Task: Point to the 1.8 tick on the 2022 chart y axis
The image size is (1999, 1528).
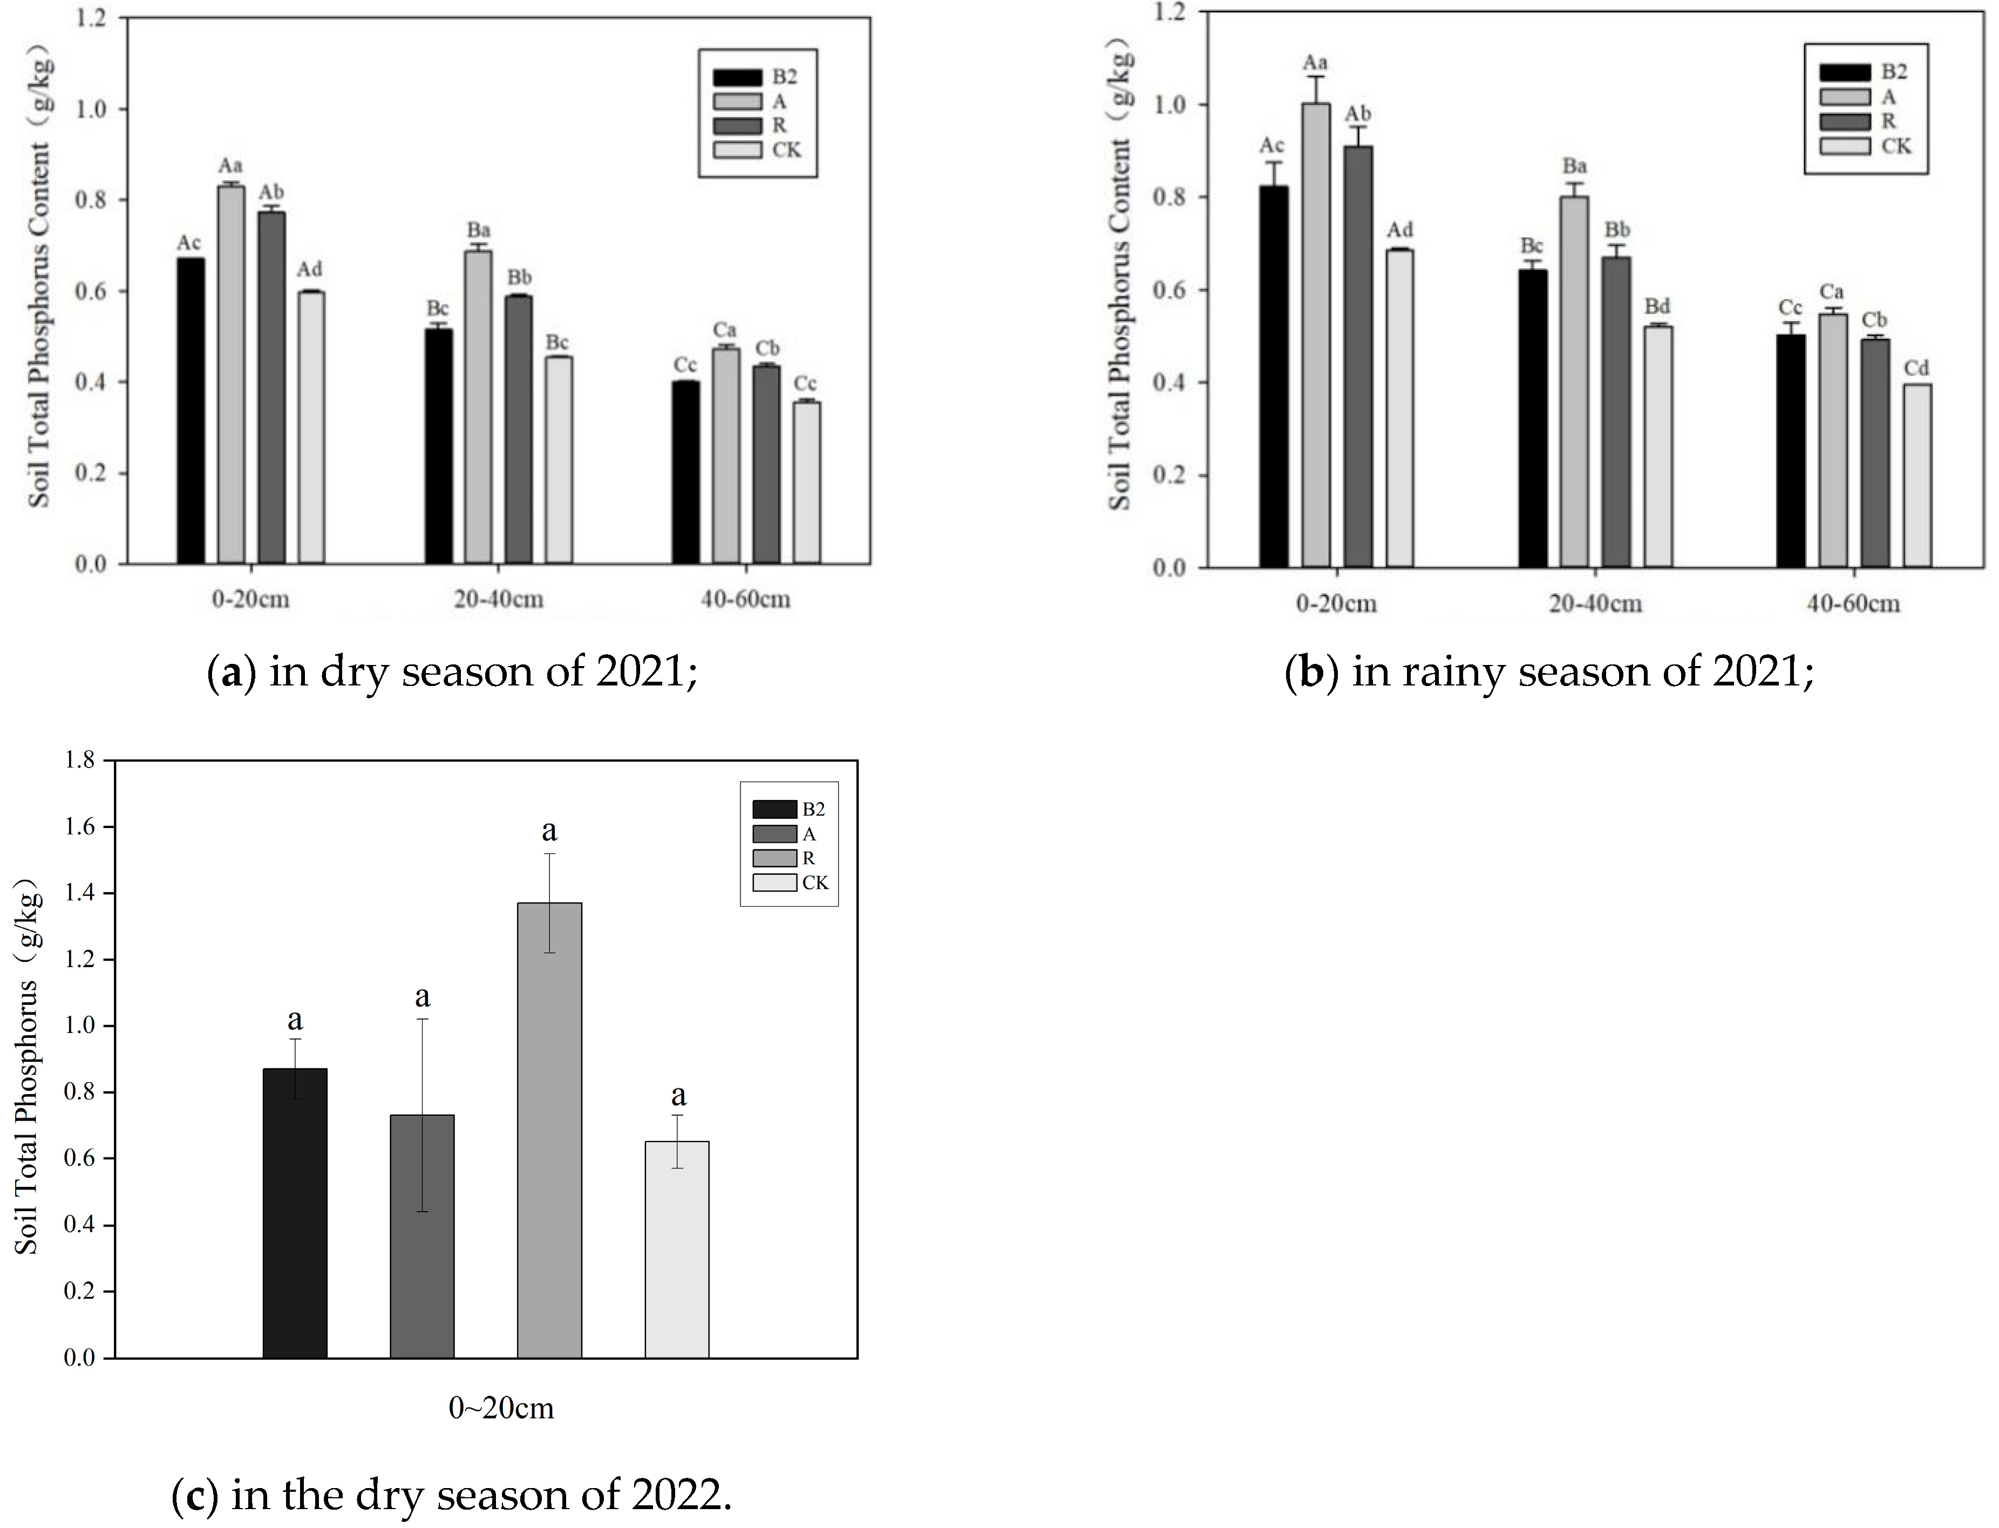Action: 80,760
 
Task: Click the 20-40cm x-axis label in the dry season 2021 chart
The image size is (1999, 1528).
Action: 498,599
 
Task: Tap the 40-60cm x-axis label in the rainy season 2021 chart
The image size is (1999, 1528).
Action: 1853,603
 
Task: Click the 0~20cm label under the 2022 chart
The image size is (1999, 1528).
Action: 501,1409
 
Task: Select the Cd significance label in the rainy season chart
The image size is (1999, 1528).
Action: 1916,368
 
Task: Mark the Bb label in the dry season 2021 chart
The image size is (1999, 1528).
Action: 519,277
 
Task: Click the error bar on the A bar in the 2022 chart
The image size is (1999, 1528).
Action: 422,1114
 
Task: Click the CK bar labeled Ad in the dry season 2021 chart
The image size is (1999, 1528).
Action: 311,427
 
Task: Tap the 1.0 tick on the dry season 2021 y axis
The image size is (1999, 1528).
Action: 91,109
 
